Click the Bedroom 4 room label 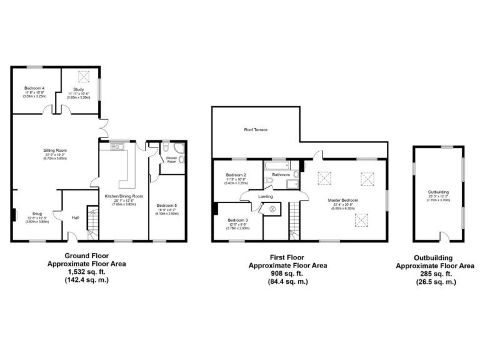(34, 89)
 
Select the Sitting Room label (55, 151)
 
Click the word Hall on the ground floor (76, 217)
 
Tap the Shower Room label (170, 159)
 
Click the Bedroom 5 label (167, 206)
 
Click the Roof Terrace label (256, 130)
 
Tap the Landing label (265, 196)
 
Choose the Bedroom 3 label (237, 220)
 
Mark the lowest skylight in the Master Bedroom (361, 219)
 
